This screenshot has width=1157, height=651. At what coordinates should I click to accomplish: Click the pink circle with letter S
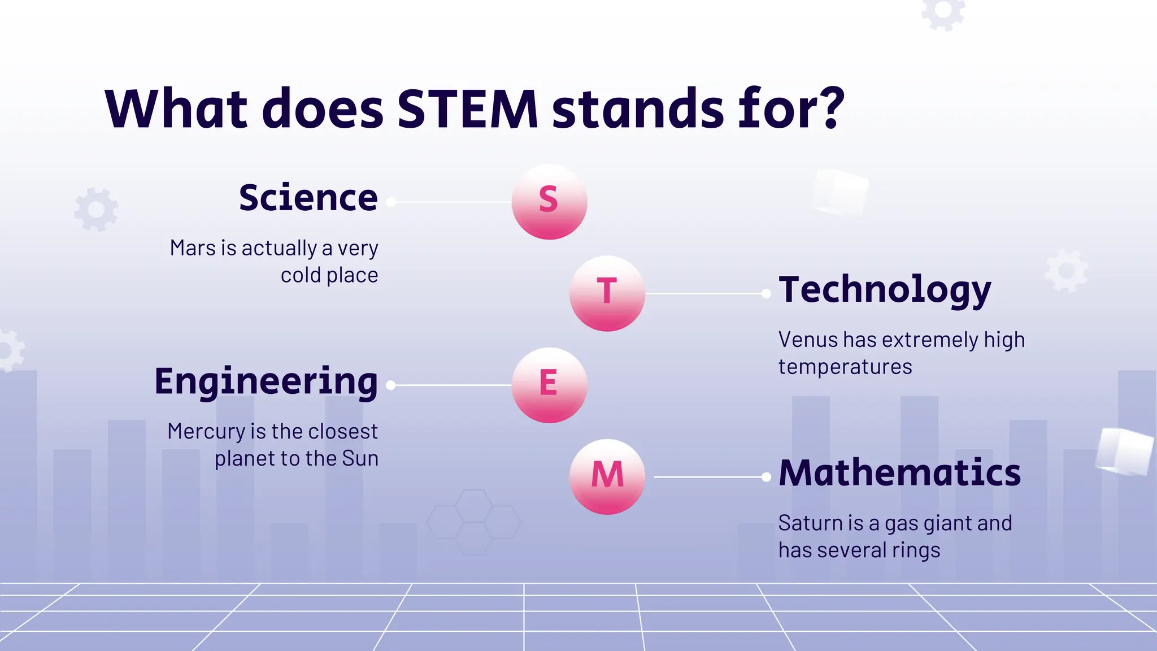pyautogui.click(x=549, y=202)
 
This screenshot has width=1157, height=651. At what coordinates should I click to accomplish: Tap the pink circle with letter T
pyautogui.click(x=607, y=293)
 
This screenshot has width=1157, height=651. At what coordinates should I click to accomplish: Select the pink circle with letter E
pyautogui.click(x=549, y=385)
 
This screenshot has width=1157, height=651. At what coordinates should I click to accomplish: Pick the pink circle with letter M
pyautogui.click(x=607, y=476)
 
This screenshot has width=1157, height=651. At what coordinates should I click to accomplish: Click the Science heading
pyautogui.click(x=308, y=198)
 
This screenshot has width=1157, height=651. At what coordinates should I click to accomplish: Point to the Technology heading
pyautogui.click(x=885, y=290)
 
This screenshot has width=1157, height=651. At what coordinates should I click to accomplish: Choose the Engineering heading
pyautogui.click(x=266, y=382)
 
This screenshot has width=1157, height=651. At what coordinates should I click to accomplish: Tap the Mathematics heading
pyautogui.click(x=899, y=473)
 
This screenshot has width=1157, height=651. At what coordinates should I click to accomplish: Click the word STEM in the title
pyautogui.click(x=468, y=108)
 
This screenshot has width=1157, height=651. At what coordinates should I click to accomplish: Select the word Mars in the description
pyautogui.click(x=193, y=248)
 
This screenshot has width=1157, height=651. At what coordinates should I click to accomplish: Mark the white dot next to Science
pyautogui.click(x=390, y=202)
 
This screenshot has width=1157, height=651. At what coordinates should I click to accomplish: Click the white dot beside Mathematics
pyautogui.click(x=766, y=477)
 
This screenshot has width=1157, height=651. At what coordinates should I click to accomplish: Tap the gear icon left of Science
pyautogui.click(x=96, y=209)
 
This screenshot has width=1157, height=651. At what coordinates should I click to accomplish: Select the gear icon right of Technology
pyautogui.click(x=1065, y=271)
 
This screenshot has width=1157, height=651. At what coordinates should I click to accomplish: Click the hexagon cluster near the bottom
pyautogui.click(x=473, y=521)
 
